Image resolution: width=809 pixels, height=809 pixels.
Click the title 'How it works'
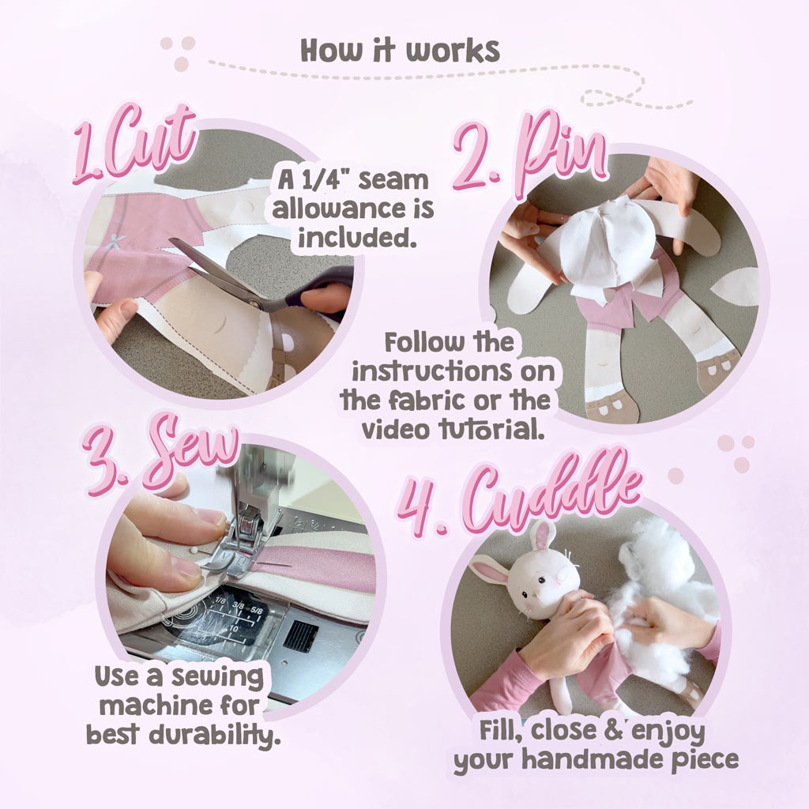pos(401,50)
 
